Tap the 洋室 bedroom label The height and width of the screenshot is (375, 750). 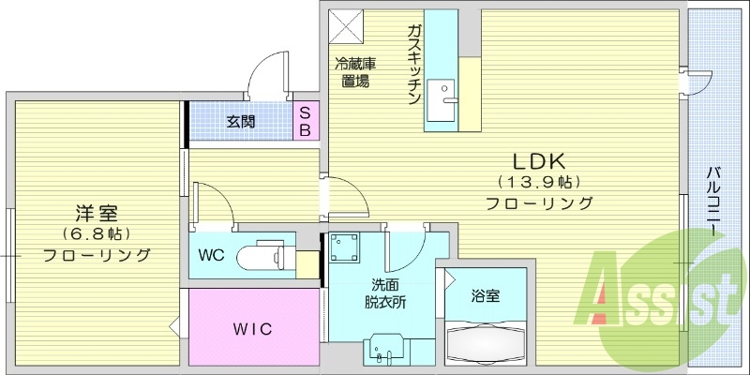(x=97, y=212)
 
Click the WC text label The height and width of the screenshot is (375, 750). (x=211, y=254)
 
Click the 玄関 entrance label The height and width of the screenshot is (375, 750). (x=240, y=121)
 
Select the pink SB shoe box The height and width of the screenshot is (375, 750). (x=306, y=120)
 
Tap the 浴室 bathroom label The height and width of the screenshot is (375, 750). (x=485, y=296)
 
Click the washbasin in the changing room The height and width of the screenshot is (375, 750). (x=384, y=348)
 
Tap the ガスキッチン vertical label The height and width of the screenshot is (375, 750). (x=412, y=65)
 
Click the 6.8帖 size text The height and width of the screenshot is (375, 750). (x=97, y=233)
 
